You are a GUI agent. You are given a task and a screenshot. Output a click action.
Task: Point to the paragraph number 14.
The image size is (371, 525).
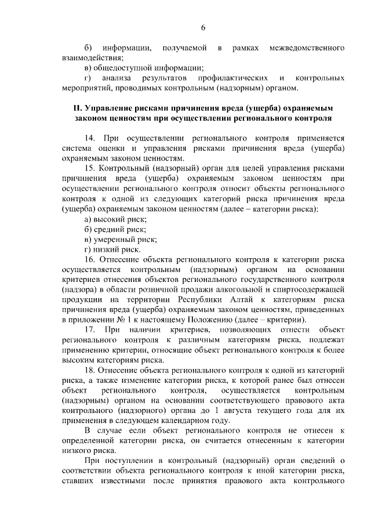(89, 139)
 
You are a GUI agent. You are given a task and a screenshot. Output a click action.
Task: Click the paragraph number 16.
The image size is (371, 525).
(89, 259)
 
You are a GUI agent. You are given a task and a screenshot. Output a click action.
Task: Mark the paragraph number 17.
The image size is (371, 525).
(89, 330)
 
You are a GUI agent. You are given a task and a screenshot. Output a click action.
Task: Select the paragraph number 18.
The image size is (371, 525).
(89, 370)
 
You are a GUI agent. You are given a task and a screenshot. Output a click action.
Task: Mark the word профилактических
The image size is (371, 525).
(232, 78)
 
